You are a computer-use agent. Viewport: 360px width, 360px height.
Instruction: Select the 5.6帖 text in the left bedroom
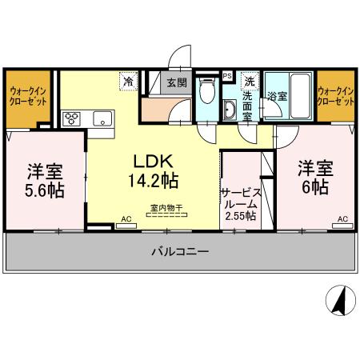(45, 191)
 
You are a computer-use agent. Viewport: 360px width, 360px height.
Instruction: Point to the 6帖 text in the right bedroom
(314, 189)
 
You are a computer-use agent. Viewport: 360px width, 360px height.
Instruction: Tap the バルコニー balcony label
(180, 252)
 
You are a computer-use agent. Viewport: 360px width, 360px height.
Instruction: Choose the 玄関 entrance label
(176, 82)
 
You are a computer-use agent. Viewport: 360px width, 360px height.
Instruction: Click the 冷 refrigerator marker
(128, 81)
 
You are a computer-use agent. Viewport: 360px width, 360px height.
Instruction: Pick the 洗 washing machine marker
(250, 81)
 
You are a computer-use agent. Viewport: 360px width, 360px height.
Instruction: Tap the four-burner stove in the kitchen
(70, 120)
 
